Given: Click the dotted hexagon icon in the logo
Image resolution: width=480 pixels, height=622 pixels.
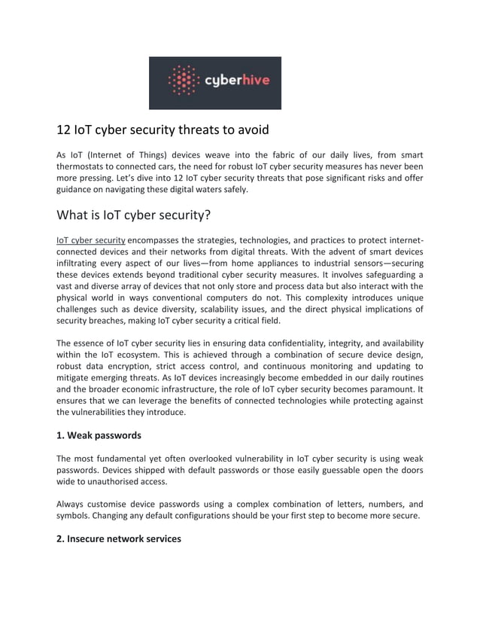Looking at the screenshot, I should point(181,81).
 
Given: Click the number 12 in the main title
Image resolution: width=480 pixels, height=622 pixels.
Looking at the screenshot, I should point(65,130).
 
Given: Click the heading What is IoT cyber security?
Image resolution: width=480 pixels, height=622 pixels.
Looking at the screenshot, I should point(134,215).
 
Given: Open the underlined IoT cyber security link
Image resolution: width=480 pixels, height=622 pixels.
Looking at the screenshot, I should point(91,240).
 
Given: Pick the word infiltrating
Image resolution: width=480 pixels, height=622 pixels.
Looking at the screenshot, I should point(84,263).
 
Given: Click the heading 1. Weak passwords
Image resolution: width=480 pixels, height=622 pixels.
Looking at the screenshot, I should point(99,435).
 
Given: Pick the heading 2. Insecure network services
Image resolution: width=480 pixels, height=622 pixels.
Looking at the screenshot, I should point(119,538).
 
